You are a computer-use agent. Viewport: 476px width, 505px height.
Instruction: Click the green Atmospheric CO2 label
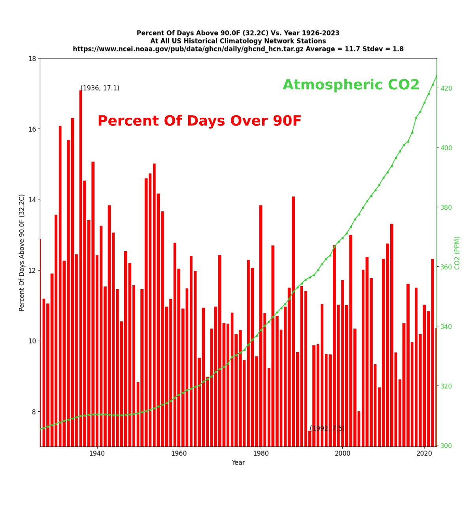[351, 85]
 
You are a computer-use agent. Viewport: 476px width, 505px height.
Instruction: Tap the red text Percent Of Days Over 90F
[199, 121]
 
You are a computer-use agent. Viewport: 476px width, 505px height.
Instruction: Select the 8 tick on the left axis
[34, 412]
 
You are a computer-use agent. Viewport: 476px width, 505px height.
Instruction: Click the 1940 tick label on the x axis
[97, 454]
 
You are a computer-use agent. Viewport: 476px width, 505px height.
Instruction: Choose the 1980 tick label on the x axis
[261, 454]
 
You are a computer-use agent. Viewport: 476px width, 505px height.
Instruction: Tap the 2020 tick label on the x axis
[424, 454]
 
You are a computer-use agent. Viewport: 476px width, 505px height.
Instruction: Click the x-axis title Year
[238, 463]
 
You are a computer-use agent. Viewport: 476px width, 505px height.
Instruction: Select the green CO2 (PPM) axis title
[457, 253]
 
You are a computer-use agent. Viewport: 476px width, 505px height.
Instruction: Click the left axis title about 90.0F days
[22, 252]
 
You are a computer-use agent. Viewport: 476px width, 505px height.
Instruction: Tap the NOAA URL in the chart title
[188, 49]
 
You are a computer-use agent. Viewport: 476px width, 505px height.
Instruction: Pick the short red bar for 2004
[359, 429]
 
